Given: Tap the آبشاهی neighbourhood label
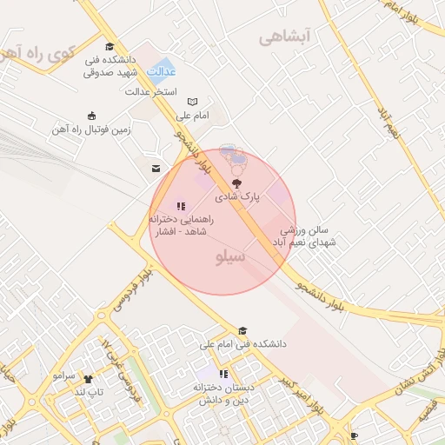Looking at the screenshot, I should [x=284, y=37].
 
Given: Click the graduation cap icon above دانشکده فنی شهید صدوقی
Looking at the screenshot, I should [x=109, y=47].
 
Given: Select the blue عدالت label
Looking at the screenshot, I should [x=161, y=70].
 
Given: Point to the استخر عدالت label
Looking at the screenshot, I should [x=151, y=90].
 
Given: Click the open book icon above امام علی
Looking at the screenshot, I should [x=192, y=102].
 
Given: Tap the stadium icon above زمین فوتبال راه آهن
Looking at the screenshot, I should [x=91, y=116].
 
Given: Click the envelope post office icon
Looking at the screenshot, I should [x=155, y=167].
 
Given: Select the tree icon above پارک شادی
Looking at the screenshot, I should [x=236, y=183].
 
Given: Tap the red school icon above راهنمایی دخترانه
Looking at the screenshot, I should [x=180, y=206].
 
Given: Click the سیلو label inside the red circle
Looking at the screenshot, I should [x=229, y=257].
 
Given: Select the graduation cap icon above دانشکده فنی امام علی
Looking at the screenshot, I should [x=242, y=331].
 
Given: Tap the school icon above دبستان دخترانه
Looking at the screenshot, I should [x=223, y=374].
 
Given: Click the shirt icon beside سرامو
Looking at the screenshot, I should [x=90, y=377].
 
